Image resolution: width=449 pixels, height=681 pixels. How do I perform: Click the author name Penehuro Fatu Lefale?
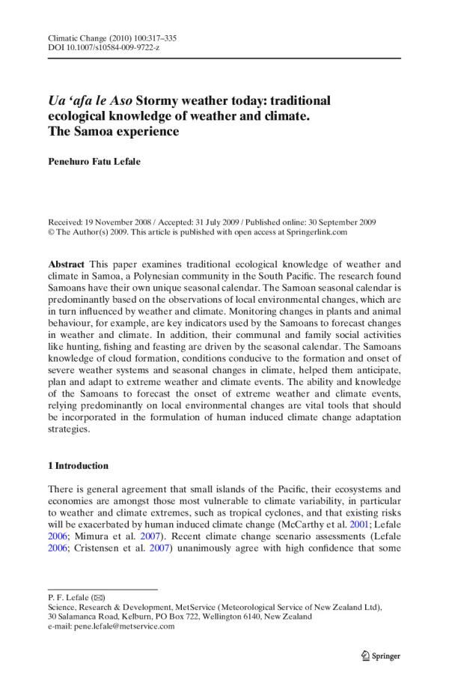[105, 160]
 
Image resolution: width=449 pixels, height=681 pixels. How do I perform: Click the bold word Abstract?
[65, 264]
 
